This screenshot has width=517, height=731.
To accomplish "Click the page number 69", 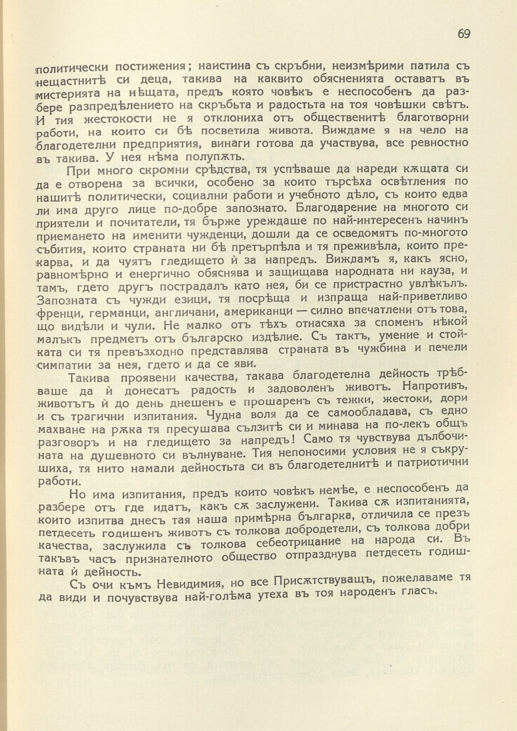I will [463, 34].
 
